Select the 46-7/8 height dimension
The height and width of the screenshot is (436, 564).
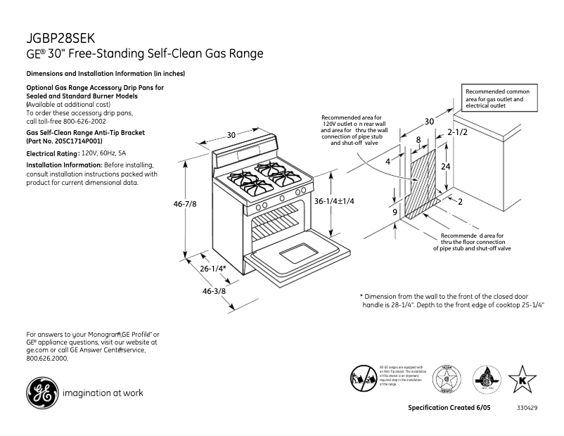coord(185,204)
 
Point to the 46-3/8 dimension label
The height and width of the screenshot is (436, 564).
coord(214,291)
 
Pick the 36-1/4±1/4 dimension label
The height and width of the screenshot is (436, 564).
coord(334,201)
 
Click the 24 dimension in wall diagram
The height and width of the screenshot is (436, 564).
coord(445,166)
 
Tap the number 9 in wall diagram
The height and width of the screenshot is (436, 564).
coord(395,212)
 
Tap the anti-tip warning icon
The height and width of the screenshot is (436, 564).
coord(364,378)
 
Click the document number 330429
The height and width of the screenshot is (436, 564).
coord(527,408)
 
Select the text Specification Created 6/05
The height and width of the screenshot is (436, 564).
coord(449,408)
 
